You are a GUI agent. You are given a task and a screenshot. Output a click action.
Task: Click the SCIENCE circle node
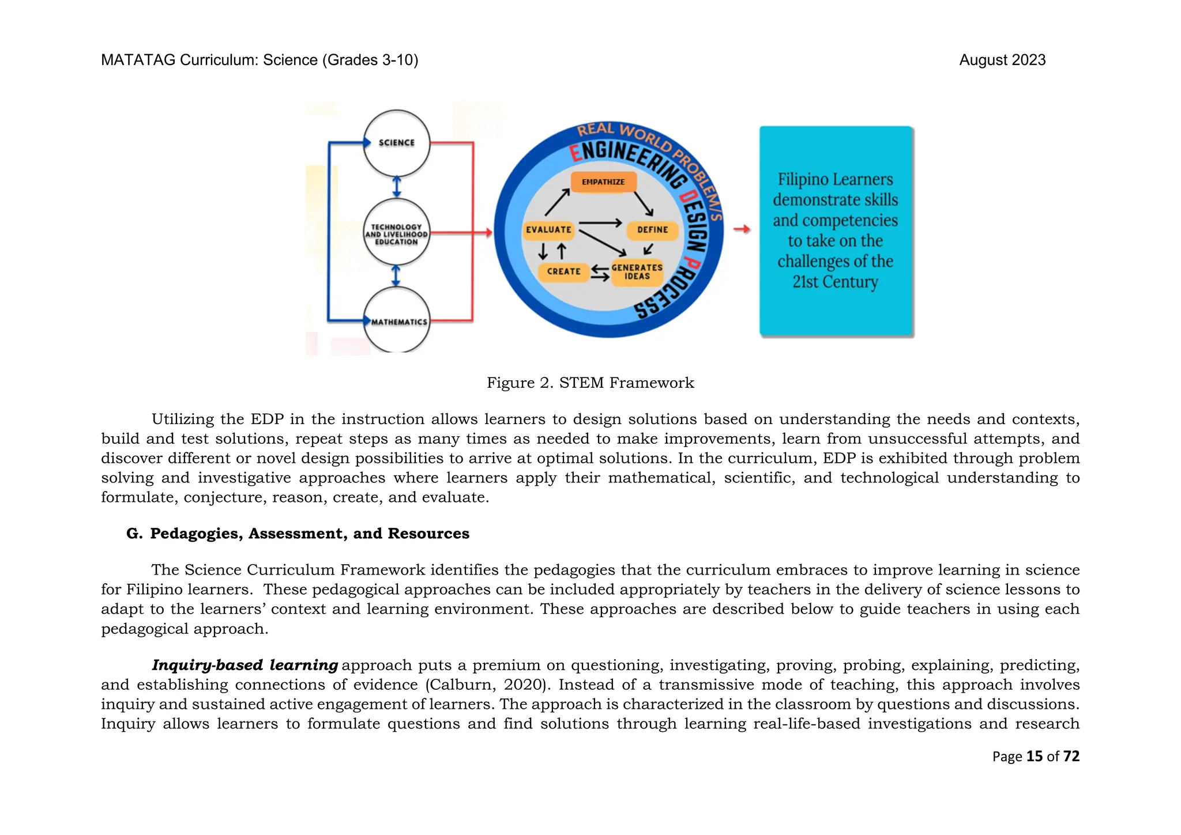point(397,143)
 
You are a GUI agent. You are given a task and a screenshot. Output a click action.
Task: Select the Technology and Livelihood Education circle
point(397,234)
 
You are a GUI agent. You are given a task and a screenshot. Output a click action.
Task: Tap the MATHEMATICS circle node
point(397,320)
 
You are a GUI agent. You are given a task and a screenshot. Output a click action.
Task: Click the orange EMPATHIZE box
point(603,182)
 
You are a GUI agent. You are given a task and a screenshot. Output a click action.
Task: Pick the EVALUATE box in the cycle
point(548,230)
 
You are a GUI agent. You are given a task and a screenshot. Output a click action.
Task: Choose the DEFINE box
point(652,230)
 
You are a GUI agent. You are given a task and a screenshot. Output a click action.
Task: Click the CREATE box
point(563,271)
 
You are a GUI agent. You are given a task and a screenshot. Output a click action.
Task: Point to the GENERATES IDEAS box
point(637,272)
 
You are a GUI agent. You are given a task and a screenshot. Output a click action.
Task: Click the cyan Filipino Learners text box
point(836,231)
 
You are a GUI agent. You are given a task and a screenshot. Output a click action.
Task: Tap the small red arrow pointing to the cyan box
point(742,229)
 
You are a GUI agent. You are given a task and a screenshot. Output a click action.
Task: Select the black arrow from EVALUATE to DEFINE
point(600,223)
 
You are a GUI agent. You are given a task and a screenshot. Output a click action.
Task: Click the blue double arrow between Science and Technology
point(397,187)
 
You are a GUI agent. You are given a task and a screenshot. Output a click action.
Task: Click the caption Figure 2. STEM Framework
point(590,383)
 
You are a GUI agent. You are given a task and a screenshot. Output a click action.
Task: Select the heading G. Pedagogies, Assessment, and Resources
point(298,534)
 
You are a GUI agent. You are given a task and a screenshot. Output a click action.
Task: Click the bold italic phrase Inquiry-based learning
point(245,665)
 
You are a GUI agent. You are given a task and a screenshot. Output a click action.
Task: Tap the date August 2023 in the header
point(1002,60)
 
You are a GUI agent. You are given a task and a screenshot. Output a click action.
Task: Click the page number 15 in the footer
point(1035,756)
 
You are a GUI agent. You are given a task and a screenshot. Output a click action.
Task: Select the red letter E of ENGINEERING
point(575,154)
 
